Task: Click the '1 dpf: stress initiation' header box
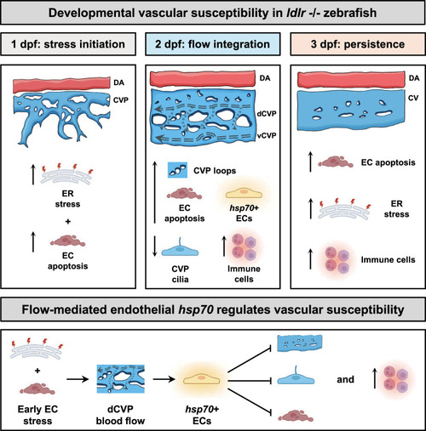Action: (x=68, y=44)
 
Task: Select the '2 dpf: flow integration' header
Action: (x=213, y=44)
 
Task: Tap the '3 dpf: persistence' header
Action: (x=358, y=44)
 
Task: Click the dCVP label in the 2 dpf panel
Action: (x=267, y=114)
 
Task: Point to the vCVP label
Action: (x=267, y=135)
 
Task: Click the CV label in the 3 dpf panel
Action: (x=413, y=98)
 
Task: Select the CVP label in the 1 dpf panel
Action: (x=121, y=100)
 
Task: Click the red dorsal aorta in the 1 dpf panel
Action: (x=61, y=84)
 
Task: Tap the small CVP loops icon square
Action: (x=177, y=170)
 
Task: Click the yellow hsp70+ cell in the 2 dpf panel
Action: (x=244, y=194)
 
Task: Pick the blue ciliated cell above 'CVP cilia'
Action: (x=180, y=248)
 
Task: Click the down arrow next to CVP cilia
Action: (x=155, y=246)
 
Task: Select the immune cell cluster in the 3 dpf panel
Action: (x=337, y=260)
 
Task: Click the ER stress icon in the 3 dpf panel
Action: (x=343, y=209)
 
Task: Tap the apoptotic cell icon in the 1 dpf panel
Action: (x=67, y=241)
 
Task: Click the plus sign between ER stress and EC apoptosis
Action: (x=67, y=221)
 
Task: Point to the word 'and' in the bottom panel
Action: (x=345, y=379)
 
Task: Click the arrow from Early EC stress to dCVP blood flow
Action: (x=78, y=379)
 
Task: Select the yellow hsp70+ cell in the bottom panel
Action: (x=202, y=379)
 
